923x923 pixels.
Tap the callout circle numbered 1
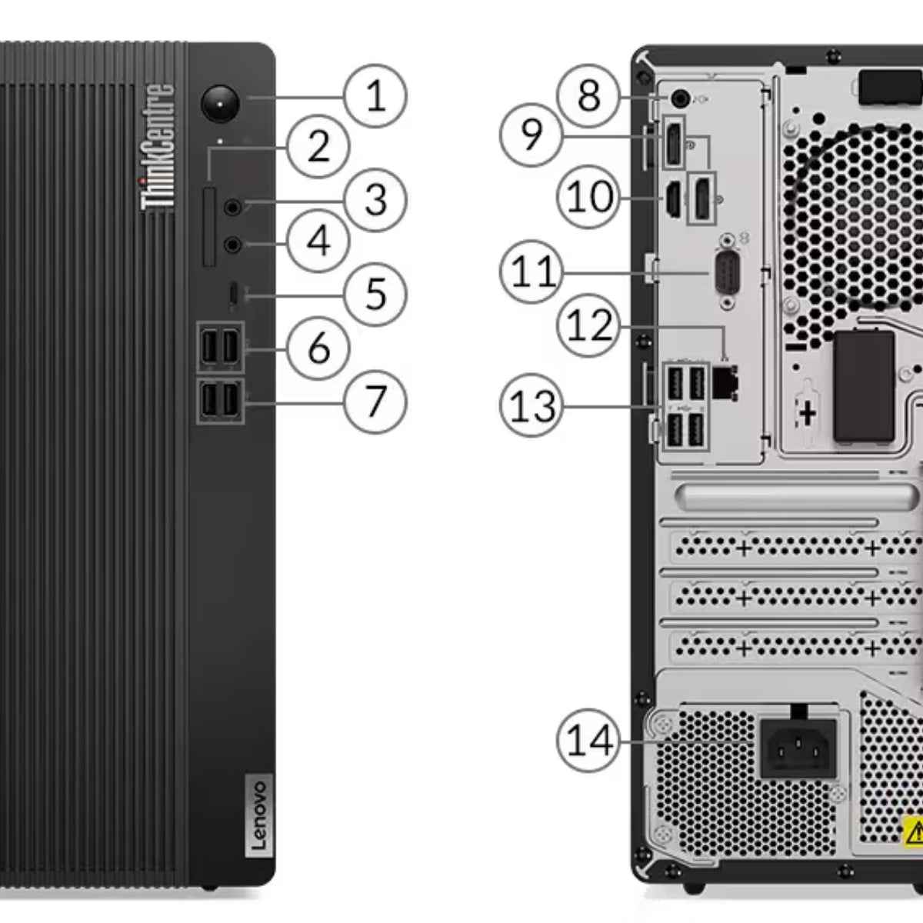point(375,97)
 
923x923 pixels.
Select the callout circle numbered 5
point(375,294)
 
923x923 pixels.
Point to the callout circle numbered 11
point(531,272)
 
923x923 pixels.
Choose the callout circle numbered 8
point(588,97)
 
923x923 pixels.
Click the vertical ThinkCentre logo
point(158,146)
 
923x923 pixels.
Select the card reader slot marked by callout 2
point(209,225)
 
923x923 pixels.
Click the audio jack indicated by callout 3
point(233,206)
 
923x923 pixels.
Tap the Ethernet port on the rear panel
point(725,382)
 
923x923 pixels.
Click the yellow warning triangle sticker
point(913,832)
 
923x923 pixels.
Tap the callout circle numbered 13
point(531,405)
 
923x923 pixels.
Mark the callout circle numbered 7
point(375,401)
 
